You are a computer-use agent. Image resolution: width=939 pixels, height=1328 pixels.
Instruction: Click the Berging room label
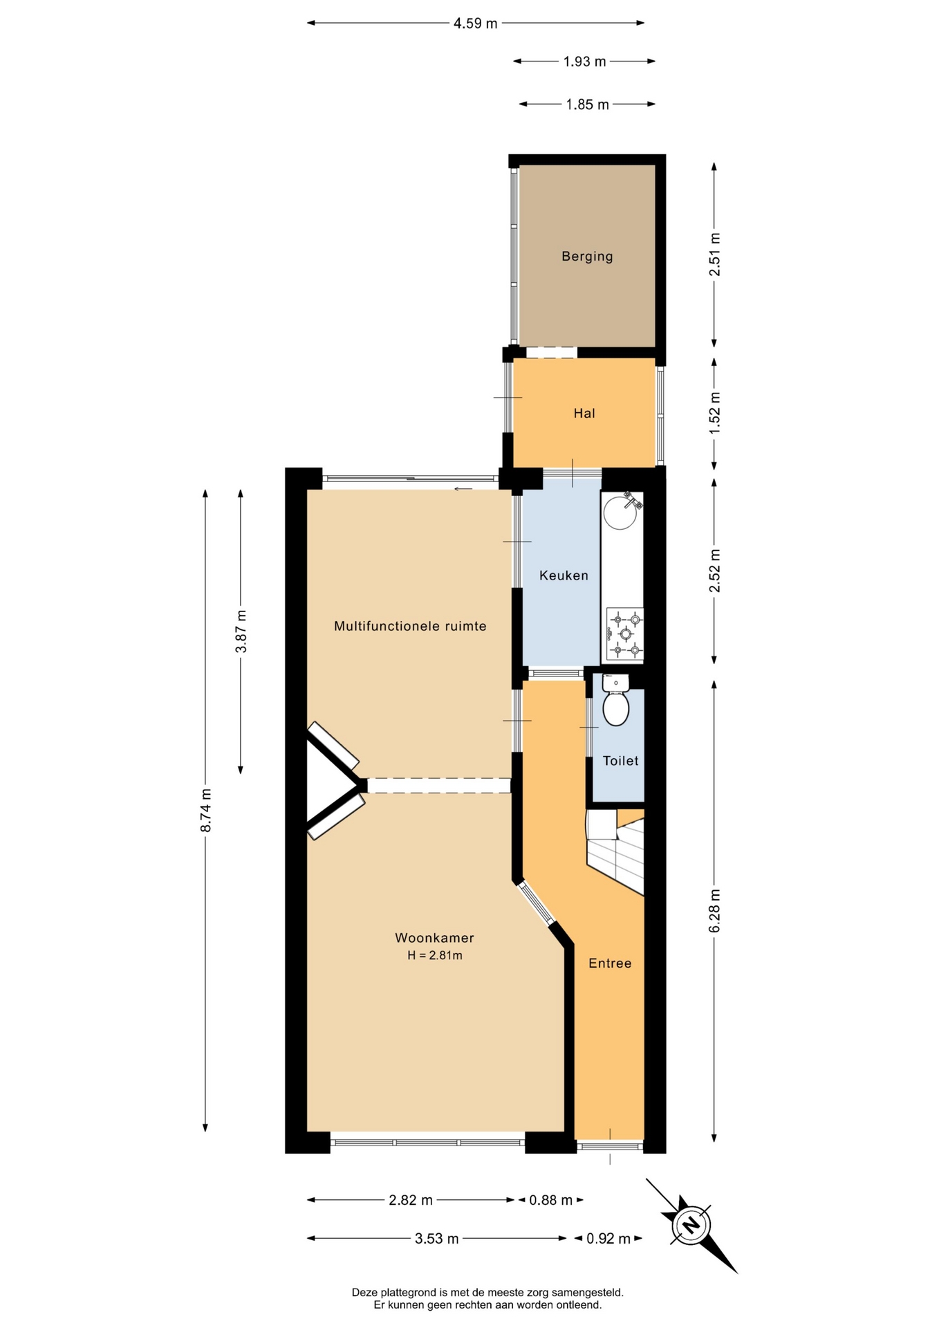[587, 257]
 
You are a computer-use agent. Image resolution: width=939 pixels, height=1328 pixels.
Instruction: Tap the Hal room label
[584, 413]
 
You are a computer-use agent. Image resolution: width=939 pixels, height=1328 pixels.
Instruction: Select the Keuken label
[564, 575]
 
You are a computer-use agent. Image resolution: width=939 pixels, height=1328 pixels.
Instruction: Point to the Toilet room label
[620, 761]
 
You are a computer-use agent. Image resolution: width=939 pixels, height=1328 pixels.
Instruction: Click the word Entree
[610, 963]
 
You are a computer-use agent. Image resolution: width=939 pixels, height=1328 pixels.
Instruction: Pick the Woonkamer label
[434, 938]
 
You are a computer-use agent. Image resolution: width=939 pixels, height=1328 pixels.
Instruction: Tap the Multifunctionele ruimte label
[410, 626]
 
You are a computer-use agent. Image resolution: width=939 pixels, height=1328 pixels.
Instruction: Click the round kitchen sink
[620, 513]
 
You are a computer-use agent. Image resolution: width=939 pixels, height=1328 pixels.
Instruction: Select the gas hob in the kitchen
[625, 634]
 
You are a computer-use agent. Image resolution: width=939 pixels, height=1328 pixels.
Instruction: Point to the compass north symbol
[691, 1225]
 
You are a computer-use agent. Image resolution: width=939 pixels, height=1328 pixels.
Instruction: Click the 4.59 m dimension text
[475, 24]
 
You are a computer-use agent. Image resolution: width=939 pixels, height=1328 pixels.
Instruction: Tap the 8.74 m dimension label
[205, 811]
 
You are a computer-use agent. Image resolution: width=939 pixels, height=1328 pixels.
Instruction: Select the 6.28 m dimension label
[714, 911]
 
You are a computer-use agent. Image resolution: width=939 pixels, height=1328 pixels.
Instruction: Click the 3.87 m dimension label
[241, 631]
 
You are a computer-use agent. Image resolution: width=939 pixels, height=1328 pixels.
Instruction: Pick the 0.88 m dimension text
[551, 1200]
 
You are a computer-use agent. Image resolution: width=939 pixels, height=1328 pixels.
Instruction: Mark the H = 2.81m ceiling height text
[435, 956]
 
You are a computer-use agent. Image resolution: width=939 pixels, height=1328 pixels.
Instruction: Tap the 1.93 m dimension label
[584, 62]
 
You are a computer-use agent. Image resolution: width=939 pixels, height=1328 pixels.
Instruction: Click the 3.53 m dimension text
[436, 1239]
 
